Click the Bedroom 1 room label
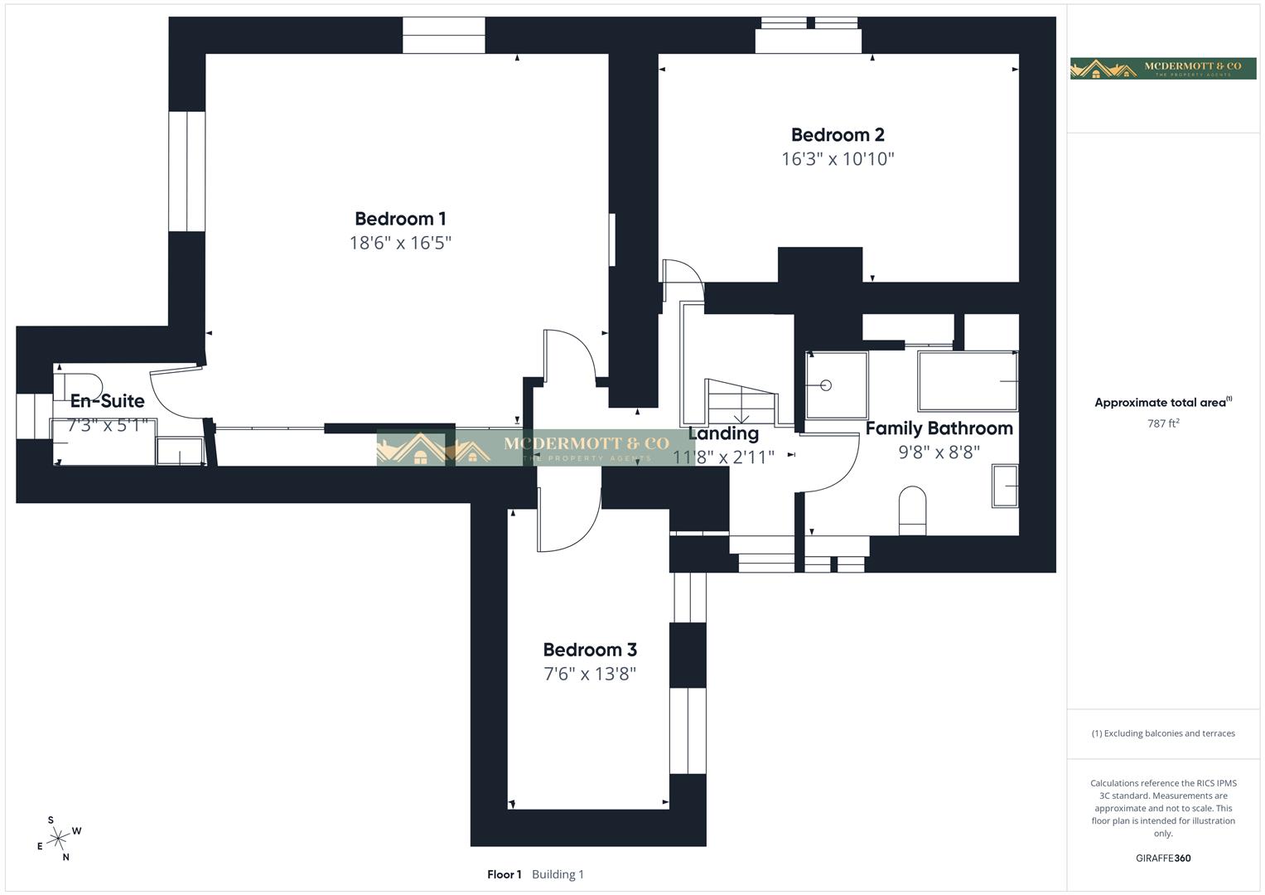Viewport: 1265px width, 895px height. [x=400, y=219]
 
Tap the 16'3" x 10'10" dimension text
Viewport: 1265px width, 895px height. [x=838, y=159]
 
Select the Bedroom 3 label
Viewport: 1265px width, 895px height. [x=590, y=650]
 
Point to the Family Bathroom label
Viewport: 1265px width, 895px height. [x=939, y=428]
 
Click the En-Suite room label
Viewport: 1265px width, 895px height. [x=107, y=401]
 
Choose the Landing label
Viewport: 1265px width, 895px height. [x=723, y=433]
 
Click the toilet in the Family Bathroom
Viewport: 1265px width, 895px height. [x=912, y=509]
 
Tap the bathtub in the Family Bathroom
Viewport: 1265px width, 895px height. [x=967, y=381]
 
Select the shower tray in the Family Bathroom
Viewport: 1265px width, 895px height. [x=837, y=385]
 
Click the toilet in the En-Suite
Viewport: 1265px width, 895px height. [x=77, y=386]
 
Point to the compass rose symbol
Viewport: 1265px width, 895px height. [x=58, y=839]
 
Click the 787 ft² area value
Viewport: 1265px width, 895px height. [x=1163, y=423]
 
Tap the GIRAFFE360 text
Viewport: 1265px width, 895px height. [x=1163, y=859]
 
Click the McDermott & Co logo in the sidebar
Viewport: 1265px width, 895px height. [x=1163, y=69]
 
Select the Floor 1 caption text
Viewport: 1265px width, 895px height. [x=504, y=874]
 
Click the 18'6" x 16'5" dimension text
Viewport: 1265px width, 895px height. [x=400, y=243]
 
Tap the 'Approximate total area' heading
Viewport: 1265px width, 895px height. [x=1161, y=403]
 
